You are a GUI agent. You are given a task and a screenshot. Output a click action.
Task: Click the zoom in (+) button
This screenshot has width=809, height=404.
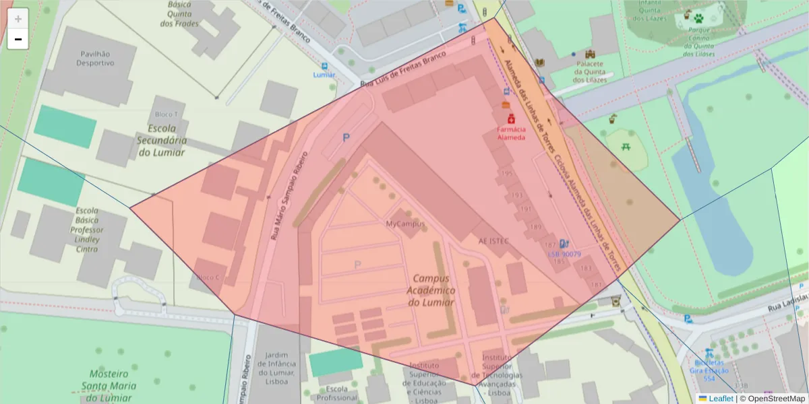[x=18, y=19]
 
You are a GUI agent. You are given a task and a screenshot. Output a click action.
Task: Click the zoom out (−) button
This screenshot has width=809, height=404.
[x=18, y=40]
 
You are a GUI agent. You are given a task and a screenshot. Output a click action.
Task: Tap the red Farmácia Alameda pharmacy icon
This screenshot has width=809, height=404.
[x=511, y=118]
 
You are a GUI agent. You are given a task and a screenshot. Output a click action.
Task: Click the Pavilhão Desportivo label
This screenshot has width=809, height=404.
[x=95, y=58]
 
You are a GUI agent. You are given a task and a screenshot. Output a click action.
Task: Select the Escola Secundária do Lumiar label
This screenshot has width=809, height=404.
[x=162, y=140]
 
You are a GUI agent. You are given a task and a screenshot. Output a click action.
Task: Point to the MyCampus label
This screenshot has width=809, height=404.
[x=405, y=223]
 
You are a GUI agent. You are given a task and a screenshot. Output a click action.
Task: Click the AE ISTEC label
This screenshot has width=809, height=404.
[x=493, y=240]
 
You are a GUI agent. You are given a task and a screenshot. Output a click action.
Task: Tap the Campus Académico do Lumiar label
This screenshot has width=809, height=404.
[x=431, y=290]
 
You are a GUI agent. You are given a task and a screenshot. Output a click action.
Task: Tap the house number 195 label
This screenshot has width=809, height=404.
[x=507, y=173]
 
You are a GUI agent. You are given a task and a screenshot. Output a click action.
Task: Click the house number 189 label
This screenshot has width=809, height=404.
[x=535, y=228]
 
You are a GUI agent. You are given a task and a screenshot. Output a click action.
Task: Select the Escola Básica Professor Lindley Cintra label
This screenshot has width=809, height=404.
[x=86, y=230]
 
